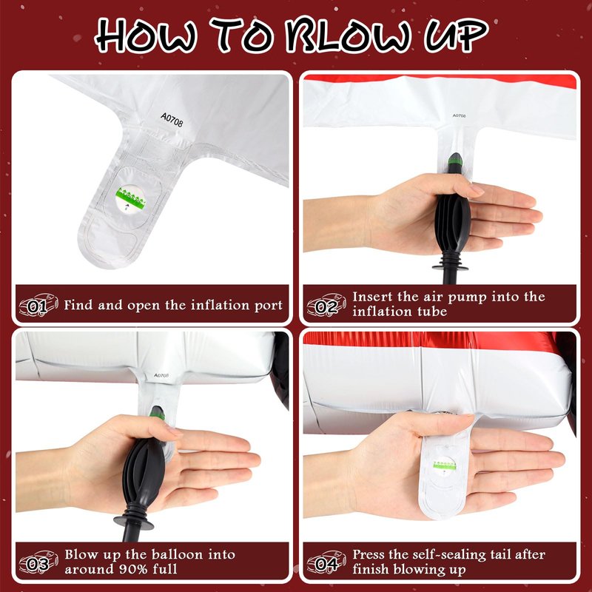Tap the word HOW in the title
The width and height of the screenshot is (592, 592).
(x=146, y=35)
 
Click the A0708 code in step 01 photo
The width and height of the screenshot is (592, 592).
(x=172, y=120)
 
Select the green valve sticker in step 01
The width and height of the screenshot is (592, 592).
(x=131, y=199)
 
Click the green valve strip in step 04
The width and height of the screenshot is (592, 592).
(x=445, y=465)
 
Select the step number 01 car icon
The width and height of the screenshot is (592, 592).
(x=38, y=305)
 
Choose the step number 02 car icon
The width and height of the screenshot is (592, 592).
(x=326, y=305)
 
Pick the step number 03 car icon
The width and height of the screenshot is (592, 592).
(x=38, y=562)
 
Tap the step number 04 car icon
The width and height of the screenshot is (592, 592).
(x=326, y=562)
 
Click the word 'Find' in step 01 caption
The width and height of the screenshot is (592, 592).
(x=78, y=305)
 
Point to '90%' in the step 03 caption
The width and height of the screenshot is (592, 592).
(x=132, y=569)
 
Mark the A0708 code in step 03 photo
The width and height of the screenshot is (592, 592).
(x=161, y=375)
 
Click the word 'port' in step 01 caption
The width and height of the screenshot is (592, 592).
(x=269, y=306)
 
